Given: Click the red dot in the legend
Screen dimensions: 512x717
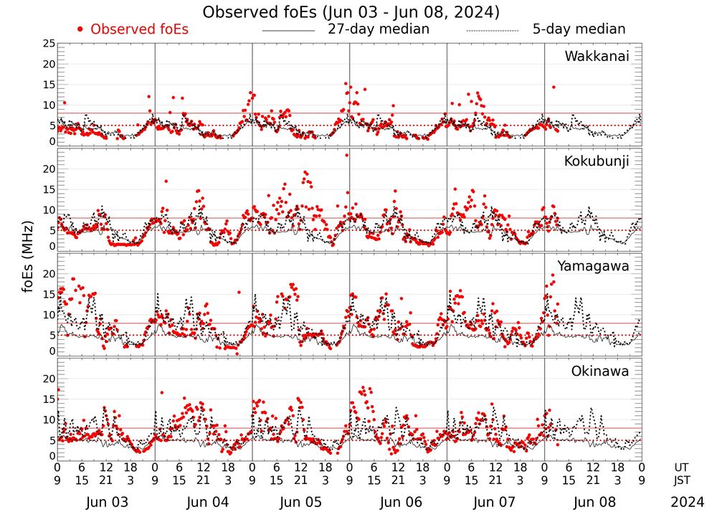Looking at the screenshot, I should pyautogui.click(x=80, y=29).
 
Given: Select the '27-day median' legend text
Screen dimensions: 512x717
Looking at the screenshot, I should pyautogui.click(x=378, y=29).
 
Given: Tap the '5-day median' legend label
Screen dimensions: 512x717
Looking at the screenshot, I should pyautogui.click(x=579, y=29).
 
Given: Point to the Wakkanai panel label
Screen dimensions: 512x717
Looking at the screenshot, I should pyautogui.click(x=597, y=57).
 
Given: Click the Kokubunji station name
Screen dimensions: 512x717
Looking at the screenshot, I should pyautogui.click(x=597, y=161).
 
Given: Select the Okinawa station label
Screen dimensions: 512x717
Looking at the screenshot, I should pyautogui.click(x=600, y=371).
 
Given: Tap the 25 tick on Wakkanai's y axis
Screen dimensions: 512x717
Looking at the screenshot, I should pyautogui.click(x=48, y=44).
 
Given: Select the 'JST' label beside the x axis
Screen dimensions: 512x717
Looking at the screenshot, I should pyautogui.click(x=682, y=480).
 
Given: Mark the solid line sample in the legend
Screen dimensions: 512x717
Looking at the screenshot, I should pyautogui.click(x=288, y=31).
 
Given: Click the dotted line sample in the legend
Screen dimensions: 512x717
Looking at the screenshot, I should pyautogui.click(x=492, y=31).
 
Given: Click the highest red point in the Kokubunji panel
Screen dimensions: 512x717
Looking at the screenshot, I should pyautogui.click(x=346, y=155).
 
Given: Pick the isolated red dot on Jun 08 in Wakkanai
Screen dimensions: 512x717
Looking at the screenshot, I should pyautogui.click(x=554, y=87).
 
